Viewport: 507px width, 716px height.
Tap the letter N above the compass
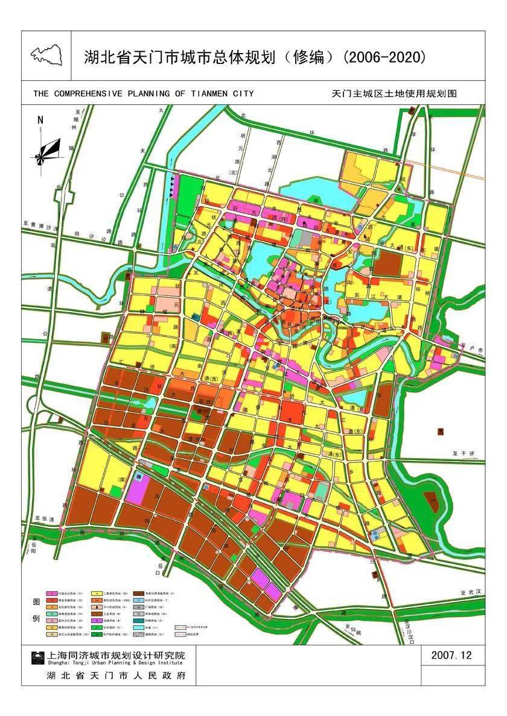[40, 119]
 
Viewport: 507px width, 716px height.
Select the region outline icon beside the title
[46, 55]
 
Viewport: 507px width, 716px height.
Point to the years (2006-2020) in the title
[384, 57]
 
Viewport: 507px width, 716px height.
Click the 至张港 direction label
[44, 519]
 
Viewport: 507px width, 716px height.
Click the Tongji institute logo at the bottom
[37, 658]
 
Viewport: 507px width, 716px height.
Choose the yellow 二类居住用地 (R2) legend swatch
[96, 593]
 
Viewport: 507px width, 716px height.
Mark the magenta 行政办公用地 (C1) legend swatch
[51, 593]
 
